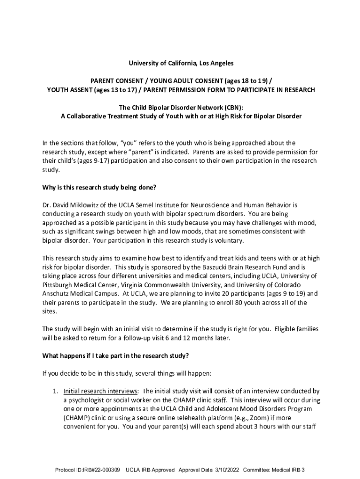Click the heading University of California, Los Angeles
(181, 63)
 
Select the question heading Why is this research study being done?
(99, 188)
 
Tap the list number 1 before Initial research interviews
(55, 391)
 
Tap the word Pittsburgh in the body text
(58, 285)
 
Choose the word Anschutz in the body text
(56, 294)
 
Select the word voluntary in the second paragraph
(228, 240)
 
